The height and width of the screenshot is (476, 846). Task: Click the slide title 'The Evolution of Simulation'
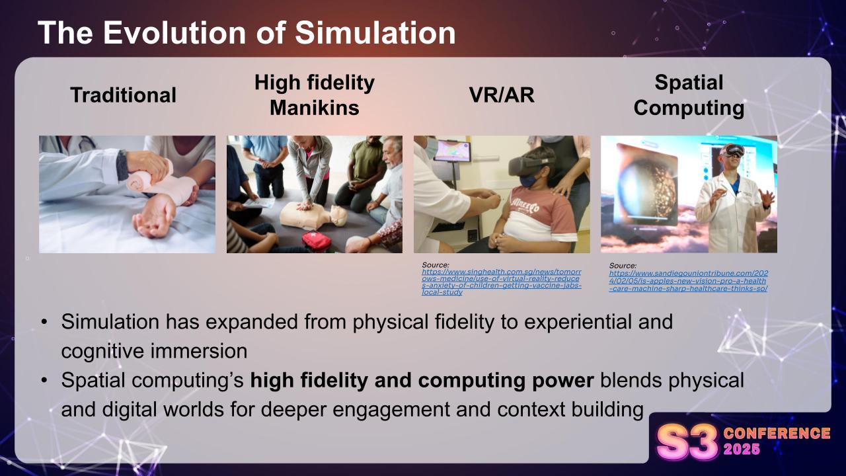point(247,33)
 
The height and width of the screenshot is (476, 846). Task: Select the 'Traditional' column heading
point(124,95)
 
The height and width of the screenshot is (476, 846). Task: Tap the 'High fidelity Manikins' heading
point(314,95)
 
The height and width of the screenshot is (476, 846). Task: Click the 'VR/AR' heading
point(501,95)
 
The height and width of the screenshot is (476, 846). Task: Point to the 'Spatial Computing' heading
point(689,95)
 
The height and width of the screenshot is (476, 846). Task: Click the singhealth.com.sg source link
point(501,282)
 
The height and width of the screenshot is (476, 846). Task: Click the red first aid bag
point(317,241)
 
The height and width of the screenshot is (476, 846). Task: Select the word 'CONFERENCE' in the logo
point(777,434)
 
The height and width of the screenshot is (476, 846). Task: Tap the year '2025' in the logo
point(742,450)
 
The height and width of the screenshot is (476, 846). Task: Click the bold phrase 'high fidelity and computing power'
point(422,381)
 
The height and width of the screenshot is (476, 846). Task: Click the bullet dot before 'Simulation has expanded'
point(44,323)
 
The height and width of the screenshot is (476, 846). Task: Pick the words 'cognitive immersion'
point(154,350)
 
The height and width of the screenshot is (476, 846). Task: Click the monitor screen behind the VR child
point(451,150)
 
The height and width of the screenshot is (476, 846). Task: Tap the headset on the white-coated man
point(732,149)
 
